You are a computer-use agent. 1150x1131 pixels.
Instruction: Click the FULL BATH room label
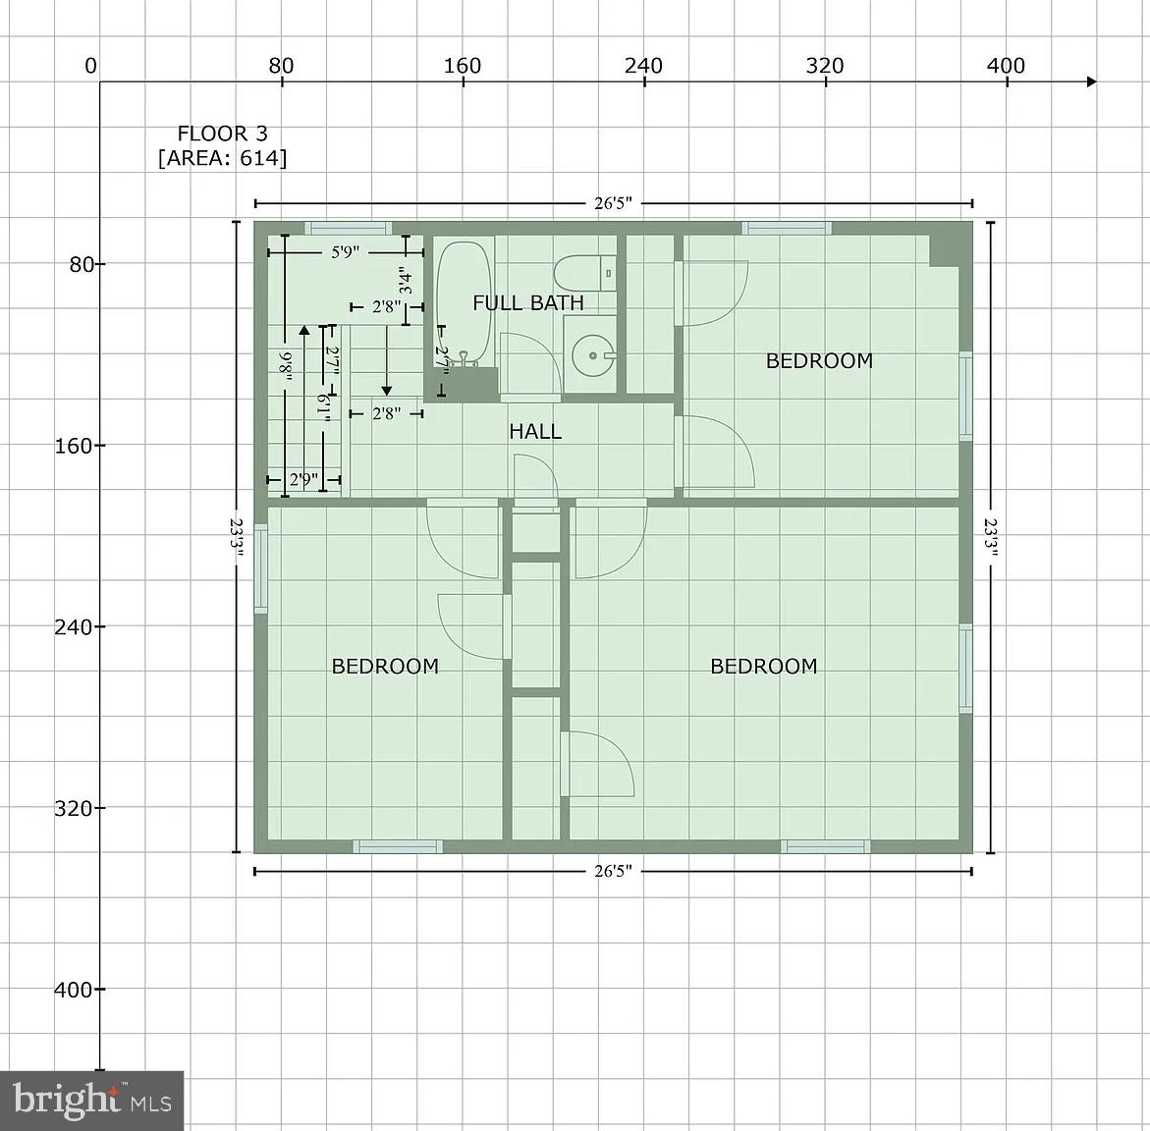tap(528, 302)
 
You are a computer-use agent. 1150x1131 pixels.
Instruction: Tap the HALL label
tap(535, 431)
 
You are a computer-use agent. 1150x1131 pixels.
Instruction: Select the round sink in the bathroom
tap(592, 354)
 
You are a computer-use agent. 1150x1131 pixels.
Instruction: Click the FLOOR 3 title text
tap(222, 134)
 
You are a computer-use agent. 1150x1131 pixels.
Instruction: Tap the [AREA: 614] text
tap(222, 158)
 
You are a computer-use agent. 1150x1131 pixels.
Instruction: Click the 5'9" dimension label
tap(344, 252)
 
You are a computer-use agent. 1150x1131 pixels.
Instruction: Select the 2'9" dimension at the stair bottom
tap(303, 480)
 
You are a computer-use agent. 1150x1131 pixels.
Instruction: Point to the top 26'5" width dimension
tap(613, 203)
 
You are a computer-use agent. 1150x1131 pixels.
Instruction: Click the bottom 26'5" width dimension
tap(613, 871)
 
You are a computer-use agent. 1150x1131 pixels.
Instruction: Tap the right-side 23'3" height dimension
tap(991, 538)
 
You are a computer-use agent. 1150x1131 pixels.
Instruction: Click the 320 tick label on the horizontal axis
tap(825, 66)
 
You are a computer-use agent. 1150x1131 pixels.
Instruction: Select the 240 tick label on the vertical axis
tap(73, 626)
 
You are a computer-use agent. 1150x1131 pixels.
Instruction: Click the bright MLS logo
tap(92, 1100)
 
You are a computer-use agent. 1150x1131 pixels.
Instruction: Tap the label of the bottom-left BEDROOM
tap(385, 667)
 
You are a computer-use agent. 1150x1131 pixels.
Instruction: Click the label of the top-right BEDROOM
tap(819, 360)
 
